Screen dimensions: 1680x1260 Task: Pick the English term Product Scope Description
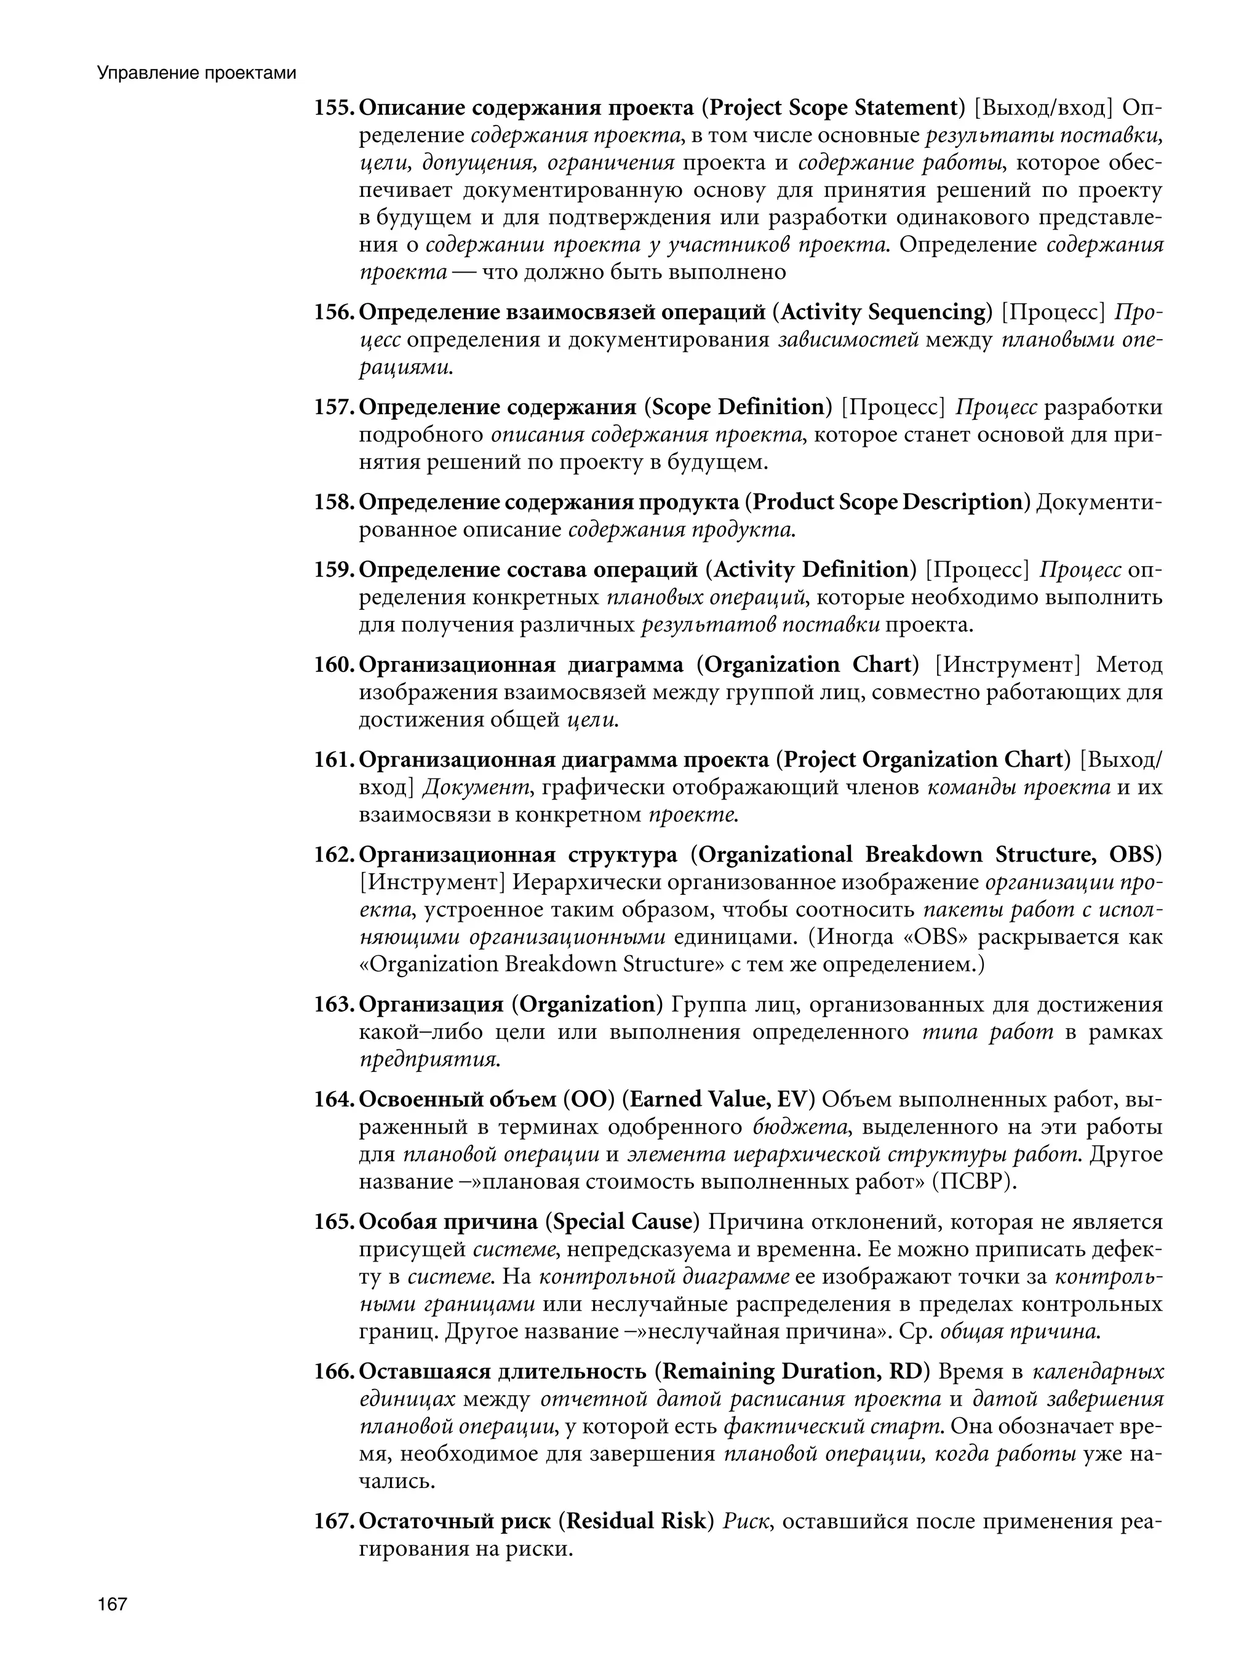click(888, 502)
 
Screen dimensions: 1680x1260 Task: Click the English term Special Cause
click(622, 1222)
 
